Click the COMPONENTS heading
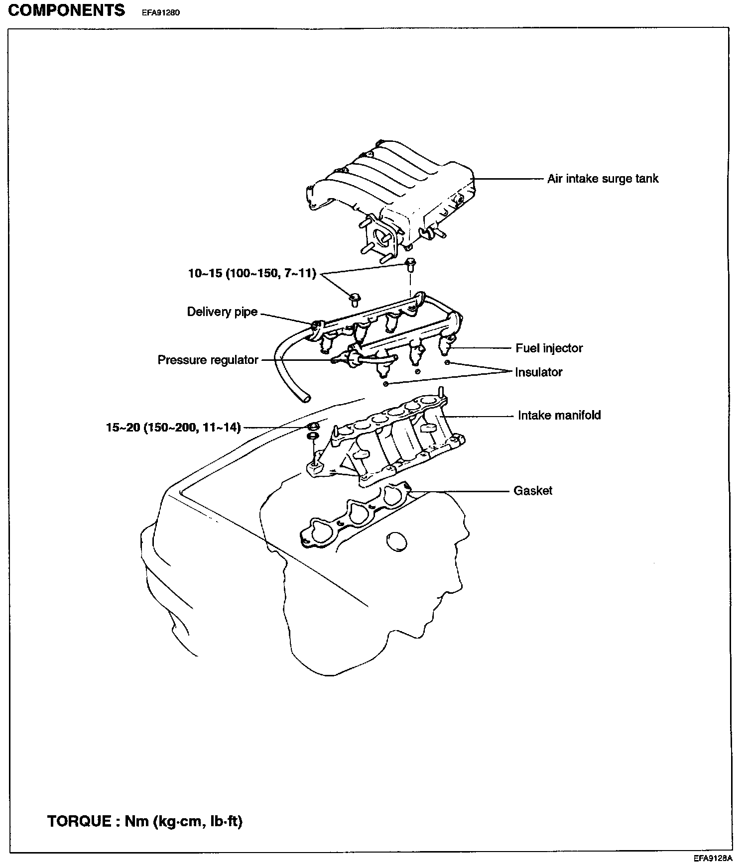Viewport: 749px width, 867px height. [67, 10]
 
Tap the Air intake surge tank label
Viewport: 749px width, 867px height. [603, 179]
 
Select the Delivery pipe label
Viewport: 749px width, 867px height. [222, 312]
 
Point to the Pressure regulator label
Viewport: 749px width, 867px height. [208, 360]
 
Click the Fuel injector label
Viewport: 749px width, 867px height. [549, 348]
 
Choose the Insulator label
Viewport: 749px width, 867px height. [538, 372]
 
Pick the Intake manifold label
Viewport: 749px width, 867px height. [559, 415]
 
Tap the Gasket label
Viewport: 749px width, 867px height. [533, 491]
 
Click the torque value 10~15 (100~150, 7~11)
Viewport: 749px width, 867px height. [252, 273]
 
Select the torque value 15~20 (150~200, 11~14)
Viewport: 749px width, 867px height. [173, 427]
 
